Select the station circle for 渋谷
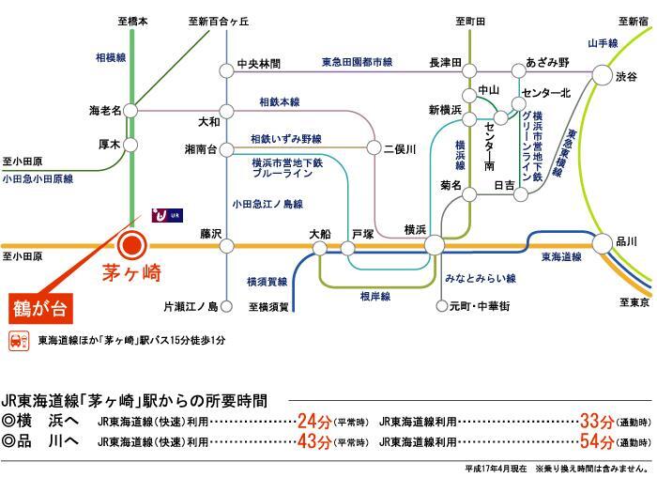coord(602,75)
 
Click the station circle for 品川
coord(602,246)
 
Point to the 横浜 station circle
coord(434,246)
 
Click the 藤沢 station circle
coord(226,246)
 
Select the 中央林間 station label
coord(260,66)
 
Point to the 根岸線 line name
coord(374,296)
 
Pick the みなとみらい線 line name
coord(481,279)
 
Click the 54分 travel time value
coord(599,441)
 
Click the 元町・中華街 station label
coord(479,306)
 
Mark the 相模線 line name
coord(109,57)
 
